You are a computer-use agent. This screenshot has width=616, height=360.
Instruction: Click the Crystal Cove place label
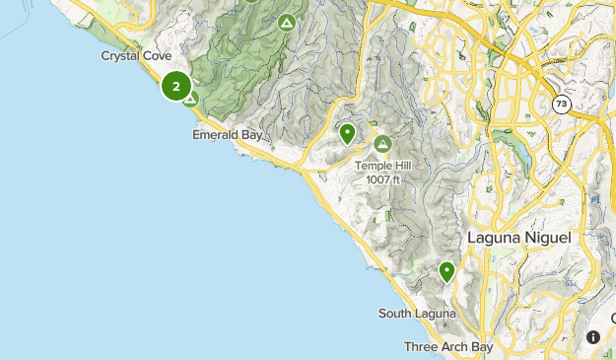coord(137,56)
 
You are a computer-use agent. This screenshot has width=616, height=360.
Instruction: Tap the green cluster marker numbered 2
coord(176,87)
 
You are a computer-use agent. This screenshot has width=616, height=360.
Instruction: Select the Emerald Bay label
coord(228,134)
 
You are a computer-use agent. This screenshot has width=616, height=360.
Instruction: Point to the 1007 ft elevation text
coord(382,180)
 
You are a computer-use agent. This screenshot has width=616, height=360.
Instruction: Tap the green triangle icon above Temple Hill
coord(382,144)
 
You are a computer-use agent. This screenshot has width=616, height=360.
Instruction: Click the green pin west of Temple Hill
coord(347,133)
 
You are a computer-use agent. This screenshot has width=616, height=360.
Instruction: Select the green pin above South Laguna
coord(447,271)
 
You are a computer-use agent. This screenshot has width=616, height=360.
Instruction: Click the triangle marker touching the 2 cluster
coord(190,99)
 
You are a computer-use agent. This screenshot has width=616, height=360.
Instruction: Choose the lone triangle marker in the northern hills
coord(286,23)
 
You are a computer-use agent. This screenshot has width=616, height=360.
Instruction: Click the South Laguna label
coord(417,314)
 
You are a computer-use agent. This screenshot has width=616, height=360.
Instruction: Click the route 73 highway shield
coord(561,104)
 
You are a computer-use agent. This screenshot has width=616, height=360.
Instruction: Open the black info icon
coord(593,337)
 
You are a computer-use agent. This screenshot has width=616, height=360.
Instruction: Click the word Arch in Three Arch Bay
coord(449,347)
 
